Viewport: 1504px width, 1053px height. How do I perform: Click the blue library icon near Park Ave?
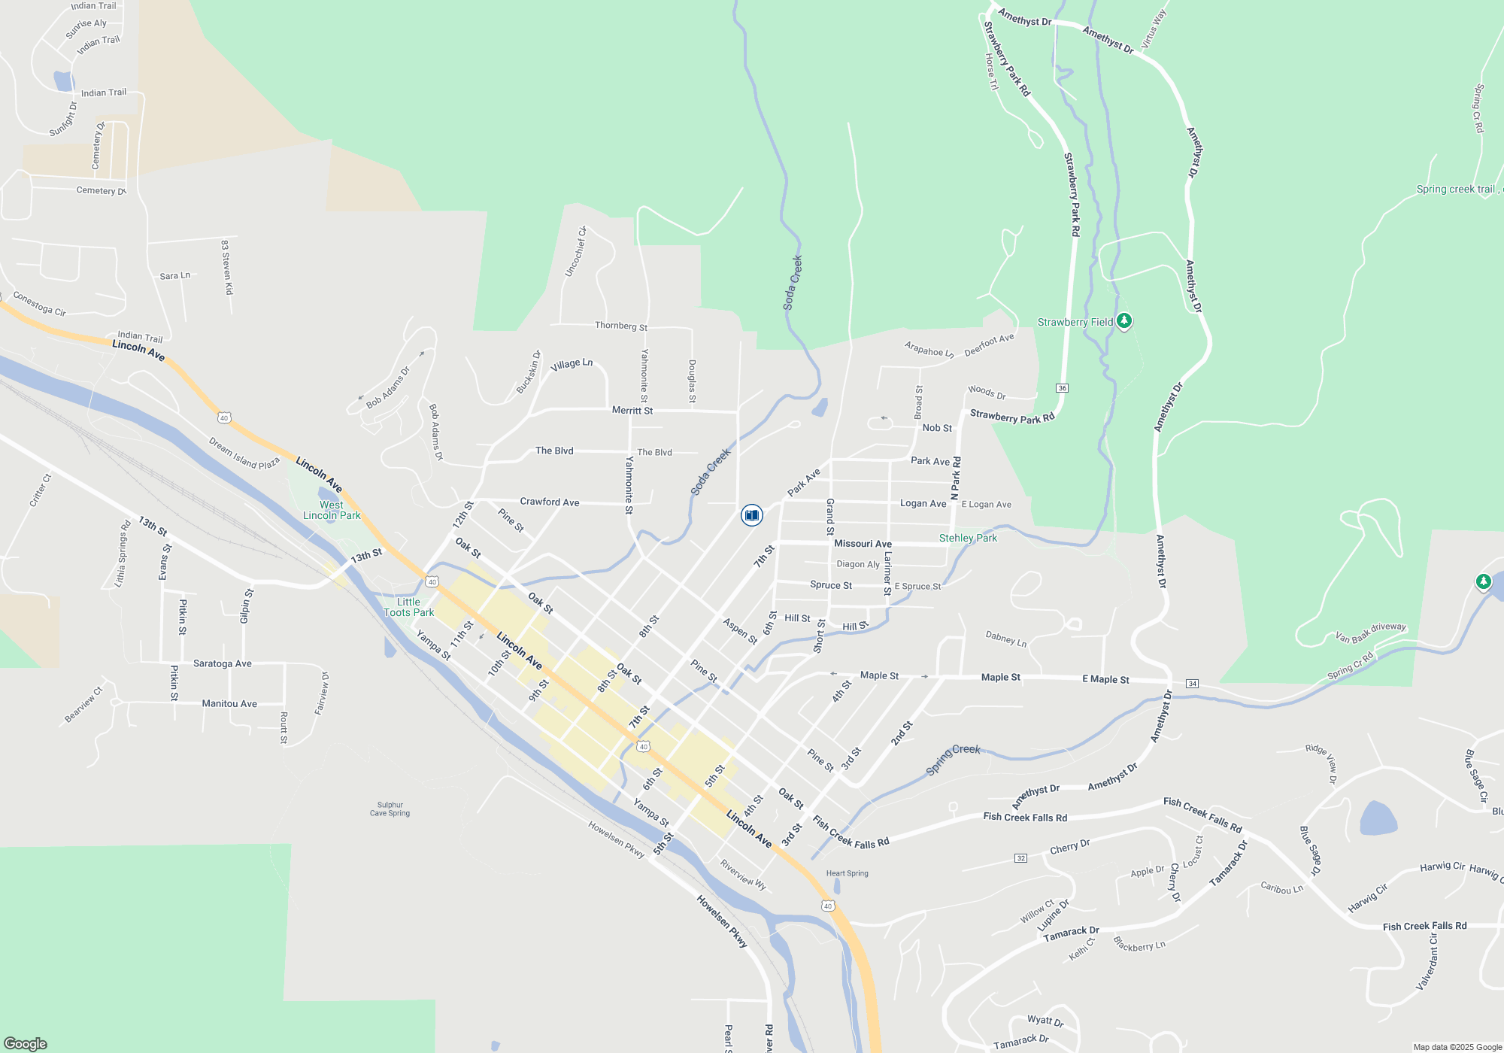[751, 515]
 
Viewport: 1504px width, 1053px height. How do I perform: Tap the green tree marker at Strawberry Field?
[1124, 321]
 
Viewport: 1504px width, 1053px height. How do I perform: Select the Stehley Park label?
[968, 538]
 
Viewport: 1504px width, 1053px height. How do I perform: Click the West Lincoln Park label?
[332, 510]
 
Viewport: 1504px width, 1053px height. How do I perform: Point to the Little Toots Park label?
[408, 607]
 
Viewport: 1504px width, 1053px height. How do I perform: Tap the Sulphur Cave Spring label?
[390, 809]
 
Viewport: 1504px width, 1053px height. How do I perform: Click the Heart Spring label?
[847, 873]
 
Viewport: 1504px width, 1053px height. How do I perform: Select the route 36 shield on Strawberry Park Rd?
[1062, 388]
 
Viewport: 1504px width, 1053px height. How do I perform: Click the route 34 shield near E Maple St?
[1192, 684]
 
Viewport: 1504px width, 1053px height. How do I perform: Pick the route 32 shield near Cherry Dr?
[1020, 858]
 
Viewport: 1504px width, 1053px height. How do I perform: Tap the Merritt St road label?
[632, 411]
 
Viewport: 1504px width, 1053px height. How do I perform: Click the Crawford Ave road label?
[550, 502]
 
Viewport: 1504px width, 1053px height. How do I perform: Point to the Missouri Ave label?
[863, 544]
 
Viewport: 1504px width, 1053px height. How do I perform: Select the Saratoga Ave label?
[223, 663]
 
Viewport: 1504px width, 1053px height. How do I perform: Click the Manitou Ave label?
[229, 704]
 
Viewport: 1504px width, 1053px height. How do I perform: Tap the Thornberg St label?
[621, 326]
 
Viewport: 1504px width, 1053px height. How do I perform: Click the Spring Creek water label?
[953, 759]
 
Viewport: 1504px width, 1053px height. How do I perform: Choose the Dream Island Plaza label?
[244, 454]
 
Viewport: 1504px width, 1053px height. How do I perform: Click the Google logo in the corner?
[26, 1043]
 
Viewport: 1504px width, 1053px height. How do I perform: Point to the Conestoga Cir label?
[39, 304]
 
